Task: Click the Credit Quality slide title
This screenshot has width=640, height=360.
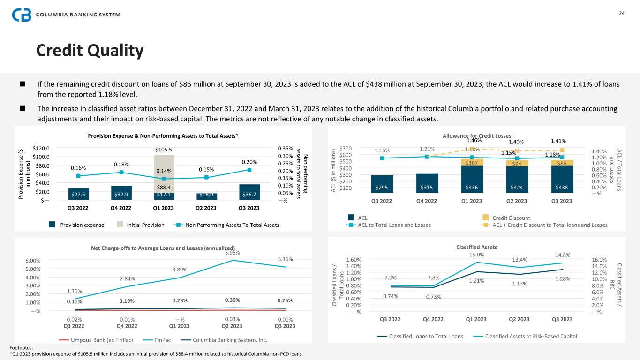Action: (x=90, y=51)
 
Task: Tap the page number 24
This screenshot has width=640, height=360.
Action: (x=622, y=13)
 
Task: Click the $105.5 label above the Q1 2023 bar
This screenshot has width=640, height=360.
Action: (x=164, y=150)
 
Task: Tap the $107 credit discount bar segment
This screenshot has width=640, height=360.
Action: (x=472, y=163)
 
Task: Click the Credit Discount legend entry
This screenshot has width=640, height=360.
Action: (x=511, y=217)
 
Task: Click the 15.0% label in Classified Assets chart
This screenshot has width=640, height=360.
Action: (x=477, y=255)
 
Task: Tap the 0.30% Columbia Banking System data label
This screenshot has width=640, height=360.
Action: (x=233, y=300)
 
